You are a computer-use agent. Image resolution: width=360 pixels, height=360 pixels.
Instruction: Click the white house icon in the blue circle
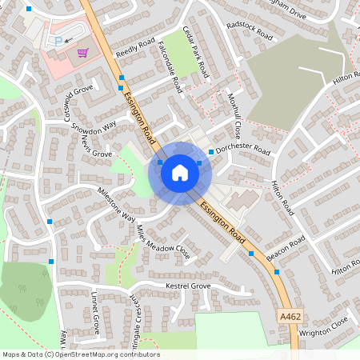(x=179, y=172)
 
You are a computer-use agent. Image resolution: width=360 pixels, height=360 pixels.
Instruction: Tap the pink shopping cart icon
(x=82, y=53)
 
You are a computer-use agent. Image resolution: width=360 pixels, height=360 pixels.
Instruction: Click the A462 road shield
(x=291, y=317)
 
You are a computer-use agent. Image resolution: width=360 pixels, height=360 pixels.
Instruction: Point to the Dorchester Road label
(x=243, y=149)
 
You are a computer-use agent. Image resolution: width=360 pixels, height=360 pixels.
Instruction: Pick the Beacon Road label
(x=286, y=249)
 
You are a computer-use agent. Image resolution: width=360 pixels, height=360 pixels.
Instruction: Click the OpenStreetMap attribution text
(x=81, y=354)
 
